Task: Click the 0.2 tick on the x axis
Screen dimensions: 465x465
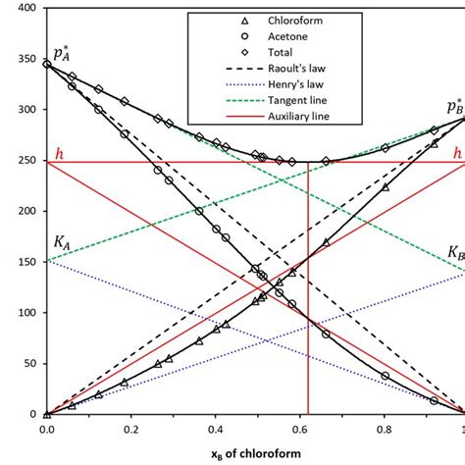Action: pos(130,429)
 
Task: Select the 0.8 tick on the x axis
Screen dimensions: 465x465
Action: pos(382,429)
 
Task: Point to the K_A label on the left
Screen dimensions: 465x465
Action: pos(59,240)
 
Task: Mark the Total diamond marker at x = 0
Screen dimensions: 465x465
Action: pos(47,64)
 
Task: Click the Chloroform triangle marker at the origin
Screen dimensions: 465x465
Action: pos(47,414)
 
